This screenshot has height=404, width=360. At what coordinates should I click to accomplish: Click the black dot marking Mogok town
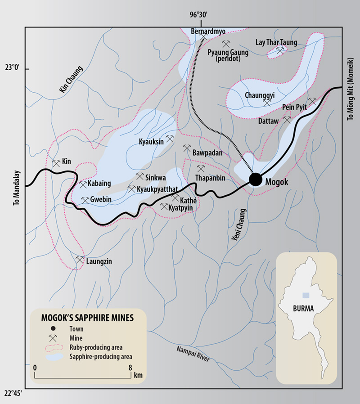(x=255, y=179)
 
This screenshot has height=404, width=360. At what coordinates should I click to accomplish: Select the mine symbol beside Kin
(x=56, y=163)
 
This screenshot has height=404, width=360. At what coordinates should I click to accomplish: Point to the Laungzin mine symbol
(x=80, y=260)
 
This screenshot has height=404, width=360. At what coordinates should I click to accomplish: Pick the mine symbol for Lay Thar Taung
(x=280, y=51)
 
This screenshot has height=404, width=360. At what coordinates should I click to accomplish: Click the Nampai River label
(x=193, y=352)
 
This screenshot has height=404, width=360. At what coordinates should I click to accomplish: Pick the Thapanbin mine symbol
(x=201, y=169)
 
